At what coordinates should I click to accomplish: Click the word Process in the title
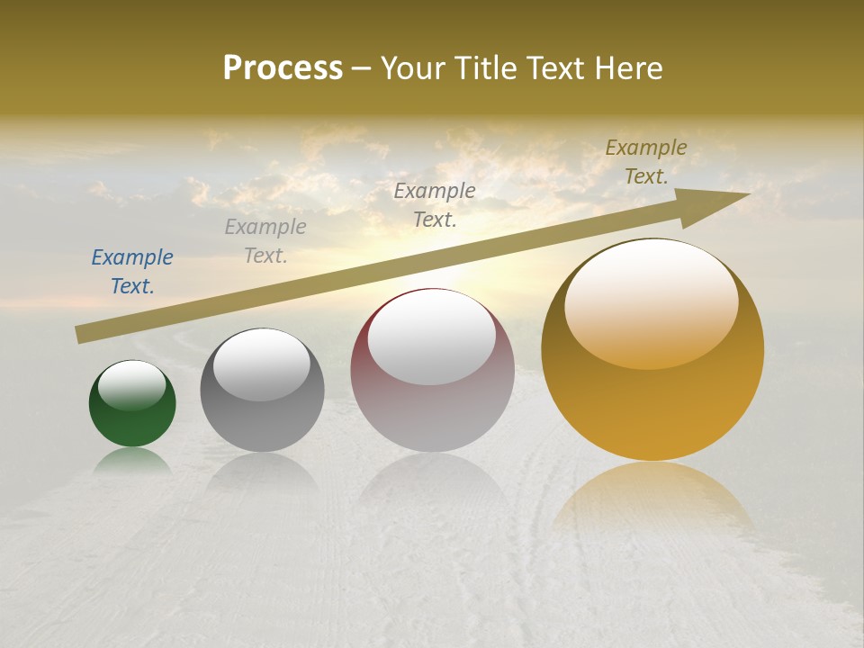tap(283, 68)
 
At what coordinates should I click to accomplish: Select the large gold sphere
tap(652, 396)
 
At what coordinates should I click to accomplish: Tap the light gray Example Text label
tap(265, 241)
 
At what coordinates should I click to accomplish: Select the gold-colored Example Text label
tap(646, 162)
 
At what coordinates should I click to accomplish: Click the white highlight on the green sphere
tap(132, 385)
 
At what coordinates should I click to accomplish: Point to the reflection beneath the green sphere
tap(132, 461)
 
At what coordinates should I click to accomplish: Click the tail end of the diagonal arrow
tap(83, 335)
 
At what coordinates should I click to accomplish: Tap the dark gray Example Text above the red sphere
tap(435, 204)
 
